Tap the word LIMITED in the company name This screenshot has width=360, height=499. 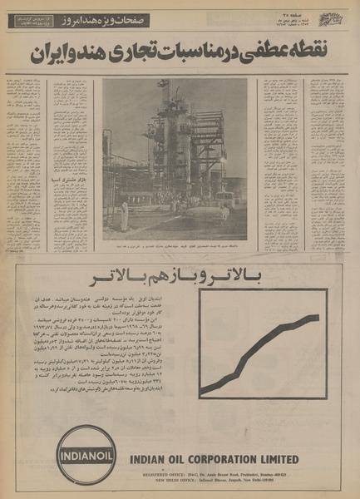click(287, 458)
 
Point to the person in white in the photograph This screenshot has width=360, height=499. click(125, 218)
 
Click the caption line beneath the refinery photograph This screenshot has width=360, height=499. click(175, 246)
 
